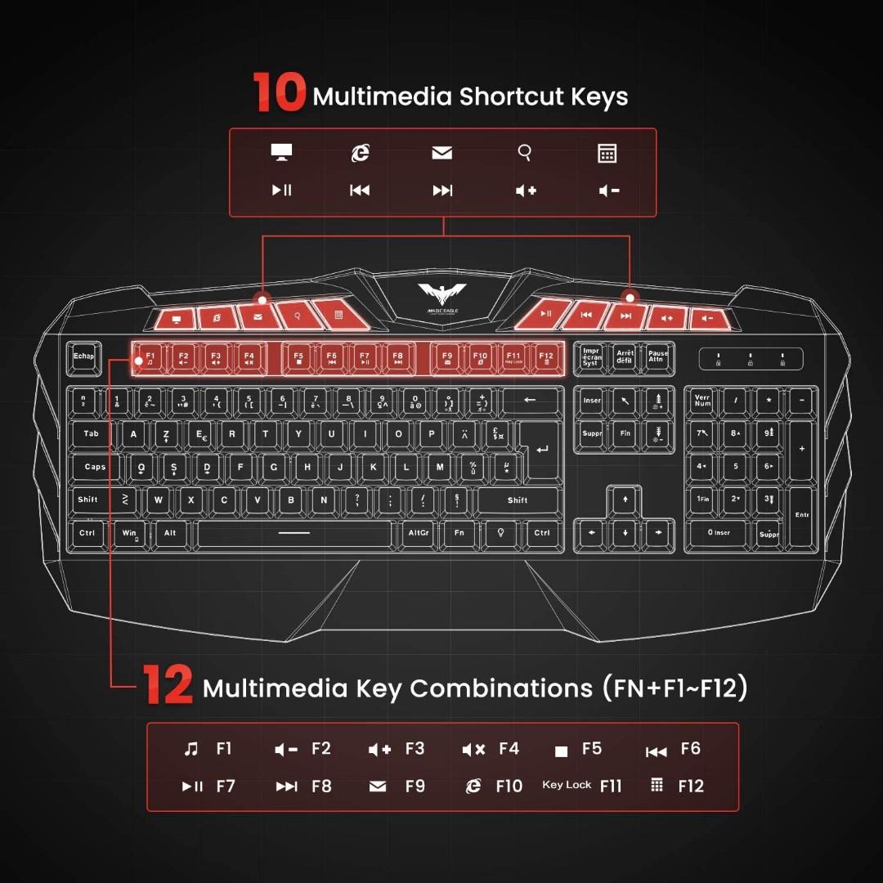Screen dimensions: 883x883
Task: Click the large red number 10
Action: pyautogui.click(x=279, y=92)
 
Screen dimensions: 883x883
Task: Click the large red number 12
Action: pyautogui.click(x=168, y=685)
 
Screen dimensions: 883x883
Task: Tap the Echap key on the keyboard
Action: pyautogui.click(x=83, y=357)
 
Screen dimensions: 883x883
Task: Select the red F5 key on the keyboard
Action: pyautogui.click(x=298, y=358)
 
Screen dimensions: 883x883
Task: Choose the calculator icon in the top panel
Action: pyautogui.click(x=607, y=153)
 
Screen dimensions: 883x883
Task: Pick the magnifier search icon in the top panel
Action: pyautogui.click(x=526, y=152)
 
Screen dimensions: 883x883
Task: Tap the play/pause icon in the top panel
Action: pyautogui.click(x=281, y=190)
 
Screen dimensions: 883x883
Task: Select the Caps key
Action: pyautogui.click(x=96, y=468)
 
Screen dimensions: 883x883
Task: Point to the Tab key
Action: pyautogui.click(x=91, y=434)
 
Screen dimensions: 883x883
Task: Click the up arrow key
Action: pyautogui.click(x=625, y=499)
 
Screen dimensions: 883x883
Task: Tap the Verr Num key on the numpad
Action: pyautogui.click(x=702, y=401)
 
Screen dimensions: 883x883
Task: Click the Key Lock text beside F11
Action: pyautogui.click(x=567, y=785)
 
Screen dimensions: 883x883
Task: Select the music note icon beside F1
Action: pyautogui.click(x=191, y=749)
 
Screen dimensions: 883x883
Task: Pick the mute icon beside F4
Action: pyautogui.click(x=473, y=749)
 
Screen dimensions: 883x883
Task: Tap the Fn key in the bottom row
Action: pyautogui.click(x=459, y=533)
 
